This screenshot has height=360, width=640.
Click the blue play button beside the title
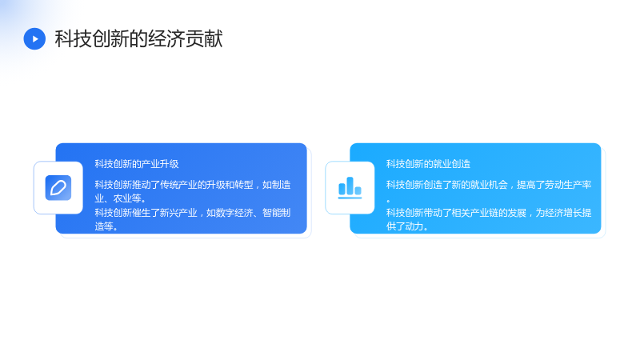tap(34, 38)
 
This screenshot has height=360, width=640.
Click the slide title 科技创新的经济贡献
tap(138, 38)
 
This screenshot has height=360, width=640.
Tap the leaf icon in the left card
tap(58, 188)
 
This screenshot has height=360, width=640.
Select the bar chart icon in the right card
tap(350, 188)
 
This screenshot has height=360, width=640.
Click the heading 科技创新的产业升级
tap(137, 164)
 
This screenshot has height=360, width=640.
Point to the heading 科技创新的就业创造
tap(428, 164)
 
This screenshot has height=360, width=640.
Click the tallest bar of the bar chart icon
tap(350, 186)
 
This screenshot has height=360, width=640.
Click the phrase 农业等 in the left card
tap(127, 198)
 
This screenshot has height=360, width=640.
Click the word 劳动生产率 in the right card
tap(568, 185)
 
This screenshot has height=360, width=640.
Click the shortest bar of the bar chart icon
tap(358, 190)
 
